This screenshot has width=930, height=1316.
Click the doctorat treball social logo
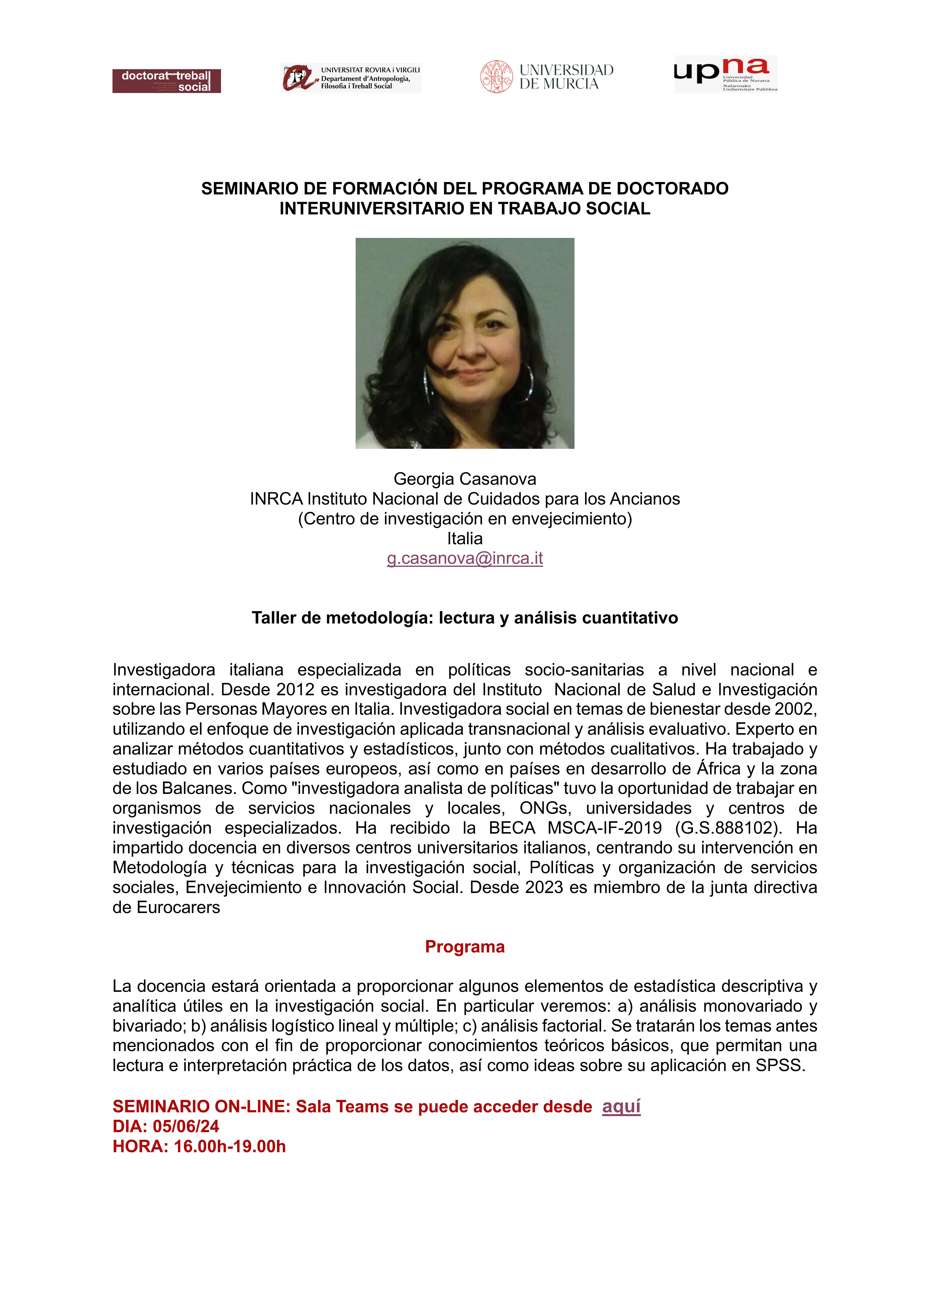[166, 81]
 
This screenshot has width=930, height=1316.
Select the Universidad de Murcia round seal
[496, 77]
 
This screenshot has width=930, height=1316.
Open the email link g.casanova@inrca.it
[465, 558]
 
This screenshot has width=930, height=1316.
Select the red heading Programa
[465, 947]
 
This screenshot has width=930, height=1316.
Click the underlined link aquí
[621, 1106]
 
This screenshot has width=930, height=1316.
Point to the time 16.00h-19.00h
[230, 1146]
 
